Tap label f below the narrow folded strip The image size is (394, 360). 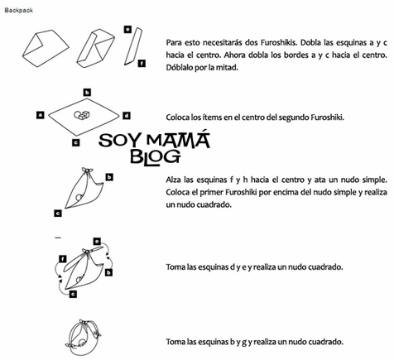142,63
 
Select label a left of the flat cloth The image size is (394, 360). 41,114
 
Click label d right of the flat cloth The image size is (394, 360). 126,115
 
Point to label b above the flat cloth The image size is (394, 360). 86,92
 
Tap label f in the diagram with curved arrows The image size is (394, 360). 63,259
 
